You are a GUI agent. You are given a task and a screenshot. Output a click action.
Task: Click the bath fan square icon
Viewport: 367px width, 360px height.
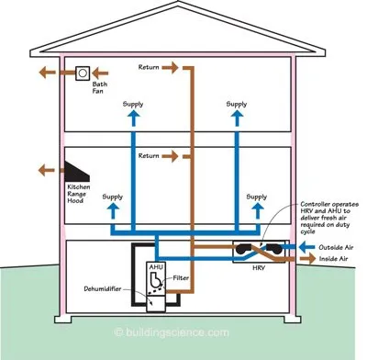83,71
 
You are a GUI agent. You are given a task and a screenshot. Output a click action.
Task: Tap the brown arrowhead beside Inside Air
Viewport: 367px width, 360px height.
305,260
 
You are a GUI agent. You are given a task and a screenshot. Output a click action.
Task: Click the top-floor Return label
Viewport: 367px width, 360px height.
152,68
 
